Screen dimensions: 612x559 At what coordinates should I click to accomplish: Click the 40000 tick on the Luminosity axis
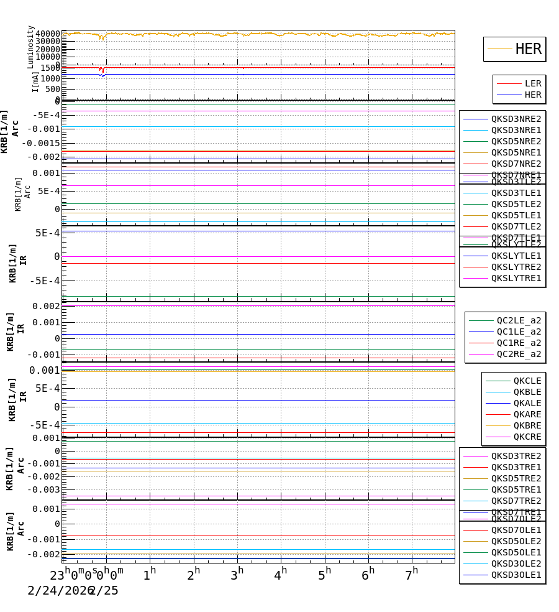48,34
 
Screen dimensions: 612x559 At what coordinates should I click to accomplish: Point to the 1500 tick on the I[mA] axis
50,68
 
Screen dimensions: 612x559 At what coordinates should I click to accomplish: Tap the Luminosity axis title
30,47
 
